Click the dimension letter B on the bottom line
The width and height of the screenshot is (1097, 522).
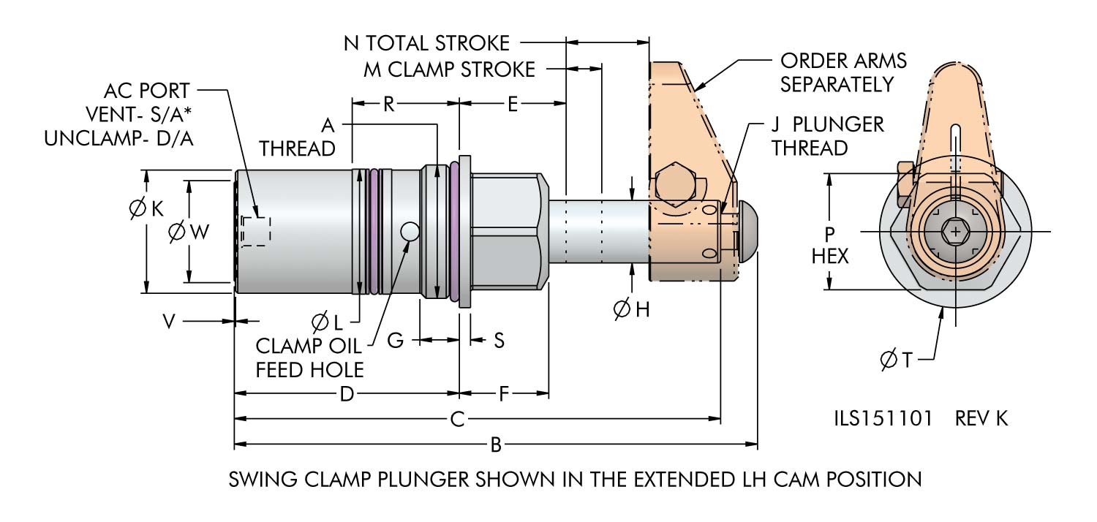coord(495,443)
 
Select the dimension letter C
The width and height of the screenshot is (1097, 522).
coord(458,419)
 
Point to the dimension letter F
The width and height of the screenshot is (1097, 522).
coord(504,395)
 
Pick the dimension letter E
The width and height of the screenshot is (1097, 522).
coord(513,104)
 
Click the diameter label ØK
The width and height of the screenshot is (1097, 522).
coord(146,209)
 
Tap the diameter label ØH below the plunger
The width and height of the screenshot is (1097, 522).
coord(631,309)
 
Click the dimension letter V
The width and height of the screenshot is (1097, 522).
coord(170,321)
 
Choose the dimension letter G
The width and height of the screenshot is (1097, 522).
coord(396,340)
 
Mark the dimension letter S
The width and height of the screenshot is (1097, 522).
coord(499,340)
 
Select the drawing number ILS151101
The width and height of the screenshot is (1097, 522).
coord(883,419)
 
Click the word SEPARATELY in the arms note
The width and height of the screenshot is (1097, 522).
coord(837,84)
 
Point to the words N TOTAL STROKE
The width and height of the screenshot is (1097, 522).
coord(426,42)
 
